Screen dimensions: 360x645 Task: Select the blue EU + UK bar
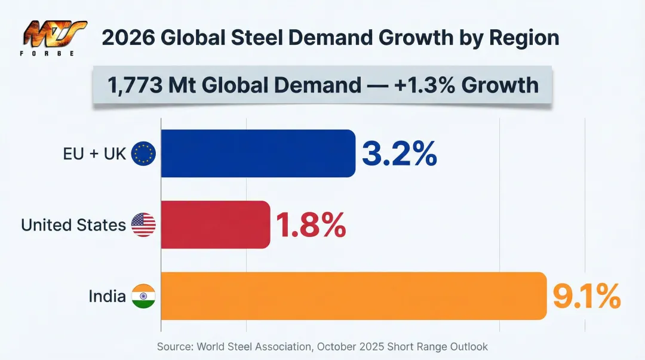coord(258,153)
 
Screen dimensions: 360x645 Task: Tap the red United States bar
coord(215,224)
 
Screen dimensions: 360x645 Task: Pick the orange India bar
coord(354,296)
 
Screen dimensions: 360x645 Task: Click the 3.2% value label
coord(399,154)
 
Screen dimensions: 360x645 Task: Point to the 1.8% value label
coord(311,225)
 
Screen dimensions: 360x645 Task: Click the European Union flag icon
coord(143,153)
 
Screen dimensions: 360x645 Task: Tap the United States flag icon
coord(143,225)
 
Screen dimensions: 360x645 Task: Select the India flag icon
coord(143,296)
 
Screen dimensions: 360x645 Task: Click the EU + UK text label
coord(95,154)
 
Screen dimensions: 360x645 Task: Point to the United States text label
coord(73,225)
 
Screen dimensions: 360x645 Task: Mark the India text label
coord(107,296)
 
